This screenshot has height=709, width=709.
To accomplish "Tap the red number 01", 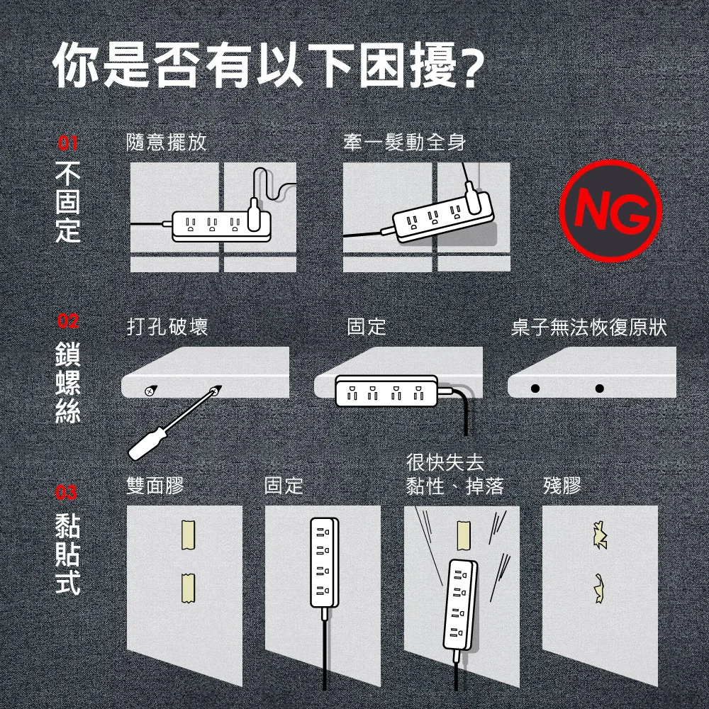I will pyautogui.click(x=67, y=144).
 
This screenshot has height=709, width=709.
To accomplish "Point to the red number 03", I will pyautogui.click(x=67, y=491).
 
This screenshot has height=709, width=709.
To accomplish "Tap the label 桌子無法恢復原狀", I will pyautogui.click(x=589, y=327).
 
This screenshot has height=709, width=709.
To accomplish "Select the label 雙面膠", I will pyautogui.click(x=155, y=486).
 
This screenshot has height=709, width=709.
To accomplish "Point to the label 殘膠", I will pyautogui.click(x=562, y=486).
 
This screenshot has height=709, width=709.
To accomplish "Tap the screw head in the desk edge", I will pyautogui.click(x=150, y=391).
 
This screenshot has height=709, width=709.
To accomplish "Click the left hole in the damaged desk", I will pyautogui.click(x=536, y=389).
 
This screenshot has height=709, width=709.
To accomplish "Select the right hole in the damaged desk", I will pyautogui.click(x=600, y=389).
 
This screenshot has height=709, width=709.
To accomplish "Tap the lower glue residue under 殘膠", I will pyautogui.click(x=600, y=587).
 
